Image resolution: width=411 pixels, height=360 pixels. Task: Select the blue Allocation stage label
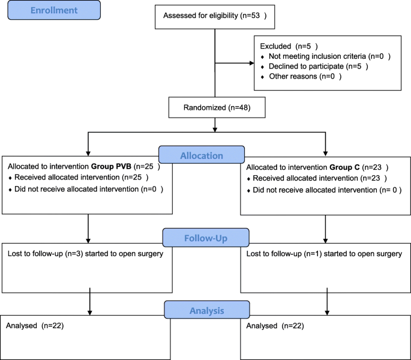pos(202,156)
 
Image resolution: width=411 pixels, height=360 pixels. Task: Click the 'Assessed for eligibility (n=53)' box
pos(214,17)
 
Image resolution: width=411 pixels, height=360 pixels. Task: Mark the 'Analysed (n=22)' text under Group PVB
pos(35,326)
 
